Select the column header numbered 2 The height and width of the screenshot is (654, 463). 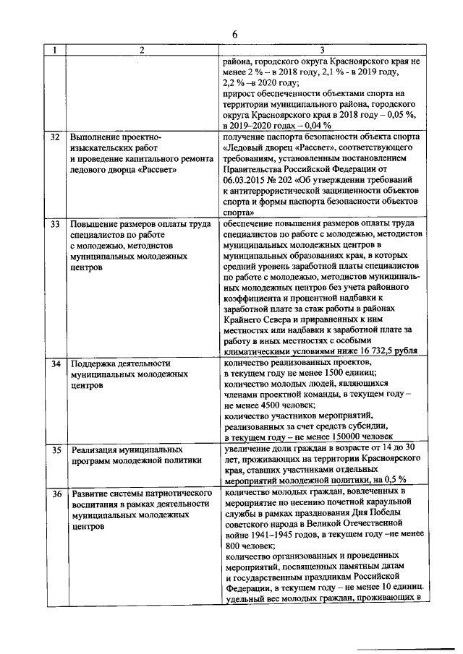pyautogui.click(x=142, y=50)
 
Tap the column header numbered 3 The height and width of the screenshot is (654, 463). pyautogui.click(x=321, y=50)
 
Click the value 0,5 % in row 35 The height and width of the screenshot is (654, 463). pyautogui.click(x=392, y=479)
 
